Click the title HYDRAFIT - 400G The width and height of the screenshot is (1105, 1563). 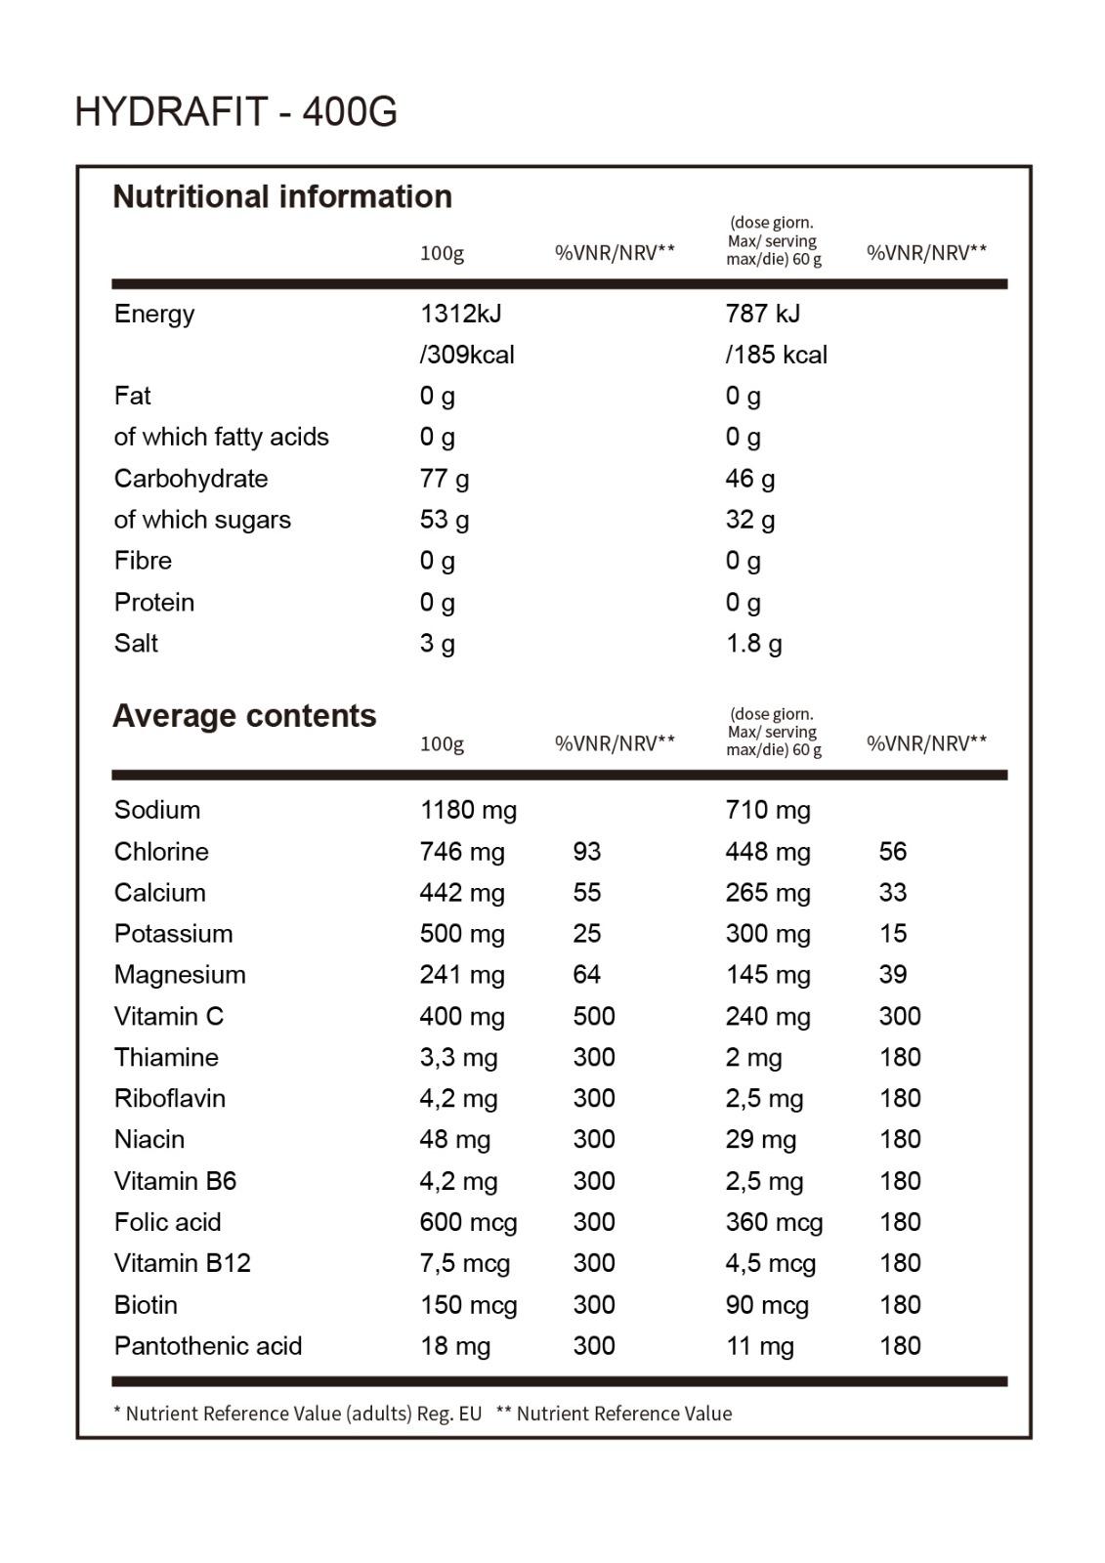pyautogui.click(x=235, y=112)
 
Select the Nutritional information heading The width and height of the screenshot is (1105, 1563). pyautogui.click(x=282, y=196)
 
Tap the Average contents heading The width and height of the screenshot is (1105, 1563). pyautogui.click(x=244, y=716)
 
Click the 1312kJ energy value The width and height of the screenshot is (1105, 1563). pyautogui.click(x=460, y=314)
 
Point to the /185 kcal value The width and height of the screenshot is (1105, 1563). pyautogui.click(x=776, y=355)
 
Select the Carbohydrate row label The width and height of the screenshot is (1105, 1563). pyautogui.click(x=191, y=479)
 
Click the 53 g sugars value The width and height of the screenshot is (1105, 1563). pyautogui.click(x=444, y=520)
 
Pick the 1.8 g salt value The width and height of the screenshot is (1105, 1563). pyautogui.click(x=753, y=644)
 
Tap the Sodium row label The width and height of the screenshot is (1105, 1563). pyautogui.click(x=156, y=810)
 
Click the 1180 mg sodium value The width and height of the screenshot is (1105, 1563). pyautogui.click(x=468, y=810)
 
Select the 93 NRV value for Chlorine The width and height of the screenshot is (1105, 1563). pyautogui.click(x=586, y=852)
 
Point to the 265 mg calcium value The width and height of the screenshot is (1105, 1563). pyautogui.click(x=767, y=893)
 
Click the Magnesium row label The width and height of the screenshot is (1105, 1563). pyautogui.click(x=180, y=975)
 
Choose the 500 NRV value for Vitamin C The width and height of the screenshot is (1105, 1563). pyautogui.click(x=593, y=1016)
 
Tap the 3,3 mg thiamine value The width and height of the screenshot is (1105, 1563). pyautogui.click(x=458, y=1058)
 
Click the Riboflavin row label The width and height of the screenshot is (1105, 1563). pyautogui.click(x=169, y=1099)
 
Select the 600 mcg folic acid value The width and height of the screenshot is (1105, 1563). pyautogui.click(x=468, y=1222)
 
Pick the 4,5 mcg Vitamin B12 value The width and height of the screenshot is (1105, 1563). pyautogui.click(x=770, y=1264)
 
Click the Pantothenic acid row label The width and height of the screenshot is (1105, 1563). pyautogui.click(x=208, y=1346)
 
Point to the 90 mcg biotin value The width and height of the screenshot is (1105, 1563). pyautogui.click(x=766, y=1305)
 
